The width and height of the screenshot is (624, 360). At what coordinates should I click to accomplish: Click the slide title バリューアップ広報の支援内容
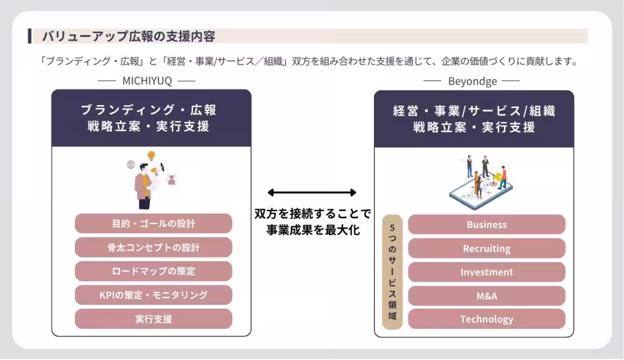[x=128, y=36]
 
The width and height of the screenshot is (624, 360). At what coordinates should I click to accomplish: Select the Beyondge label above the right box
[x=472, y=81]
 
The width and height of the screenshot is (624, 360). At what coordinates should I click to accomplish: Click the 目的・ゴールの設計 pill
[x=153, y=224]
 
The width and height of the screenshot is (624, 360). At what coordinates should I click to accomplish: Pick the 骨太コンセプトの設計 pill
[x=153, y=248]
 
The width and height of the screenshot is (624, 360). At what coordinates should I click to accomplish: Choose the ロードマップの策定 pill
[x=153, y=271]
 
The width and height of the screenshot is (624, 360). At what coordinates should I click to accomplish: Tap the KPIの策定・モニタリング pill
[x=153, y=295]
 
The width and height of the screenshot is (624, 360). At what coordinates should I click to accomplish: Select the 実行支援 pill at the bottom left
[x=153, y=319]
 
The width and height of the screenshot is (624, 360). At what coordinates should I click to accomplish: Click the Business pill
[x=486, y=225]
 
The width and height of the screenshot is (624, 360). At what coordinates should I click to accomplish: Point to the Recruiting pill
[x=486, y=249]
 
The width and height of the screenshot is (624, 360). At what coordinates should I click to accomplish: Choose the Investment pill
[x=486, y=272]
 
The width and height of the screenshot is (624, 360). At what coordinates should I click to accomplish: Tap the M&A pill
[x=486, y=296]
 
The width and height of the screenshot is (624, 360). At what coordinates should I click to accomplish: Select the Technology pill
[x=486, y=319]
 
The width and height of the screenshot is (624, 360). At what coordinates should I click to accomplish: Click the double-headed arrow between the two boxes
[x=312, y=192]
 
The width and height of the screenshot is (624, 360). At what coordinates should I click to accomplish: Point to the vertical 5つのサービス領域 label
[x=392, y=272]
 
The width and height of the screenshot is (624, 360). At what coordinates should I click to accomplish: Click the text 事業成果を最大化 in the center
[x=313, y=230]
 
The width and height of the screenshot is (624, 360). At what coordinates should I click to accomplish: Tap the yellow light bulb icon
[x=151, y=155]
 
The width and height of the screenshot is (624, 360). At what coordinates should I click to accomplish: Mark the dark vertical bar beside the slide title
[x=30, y=36]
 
